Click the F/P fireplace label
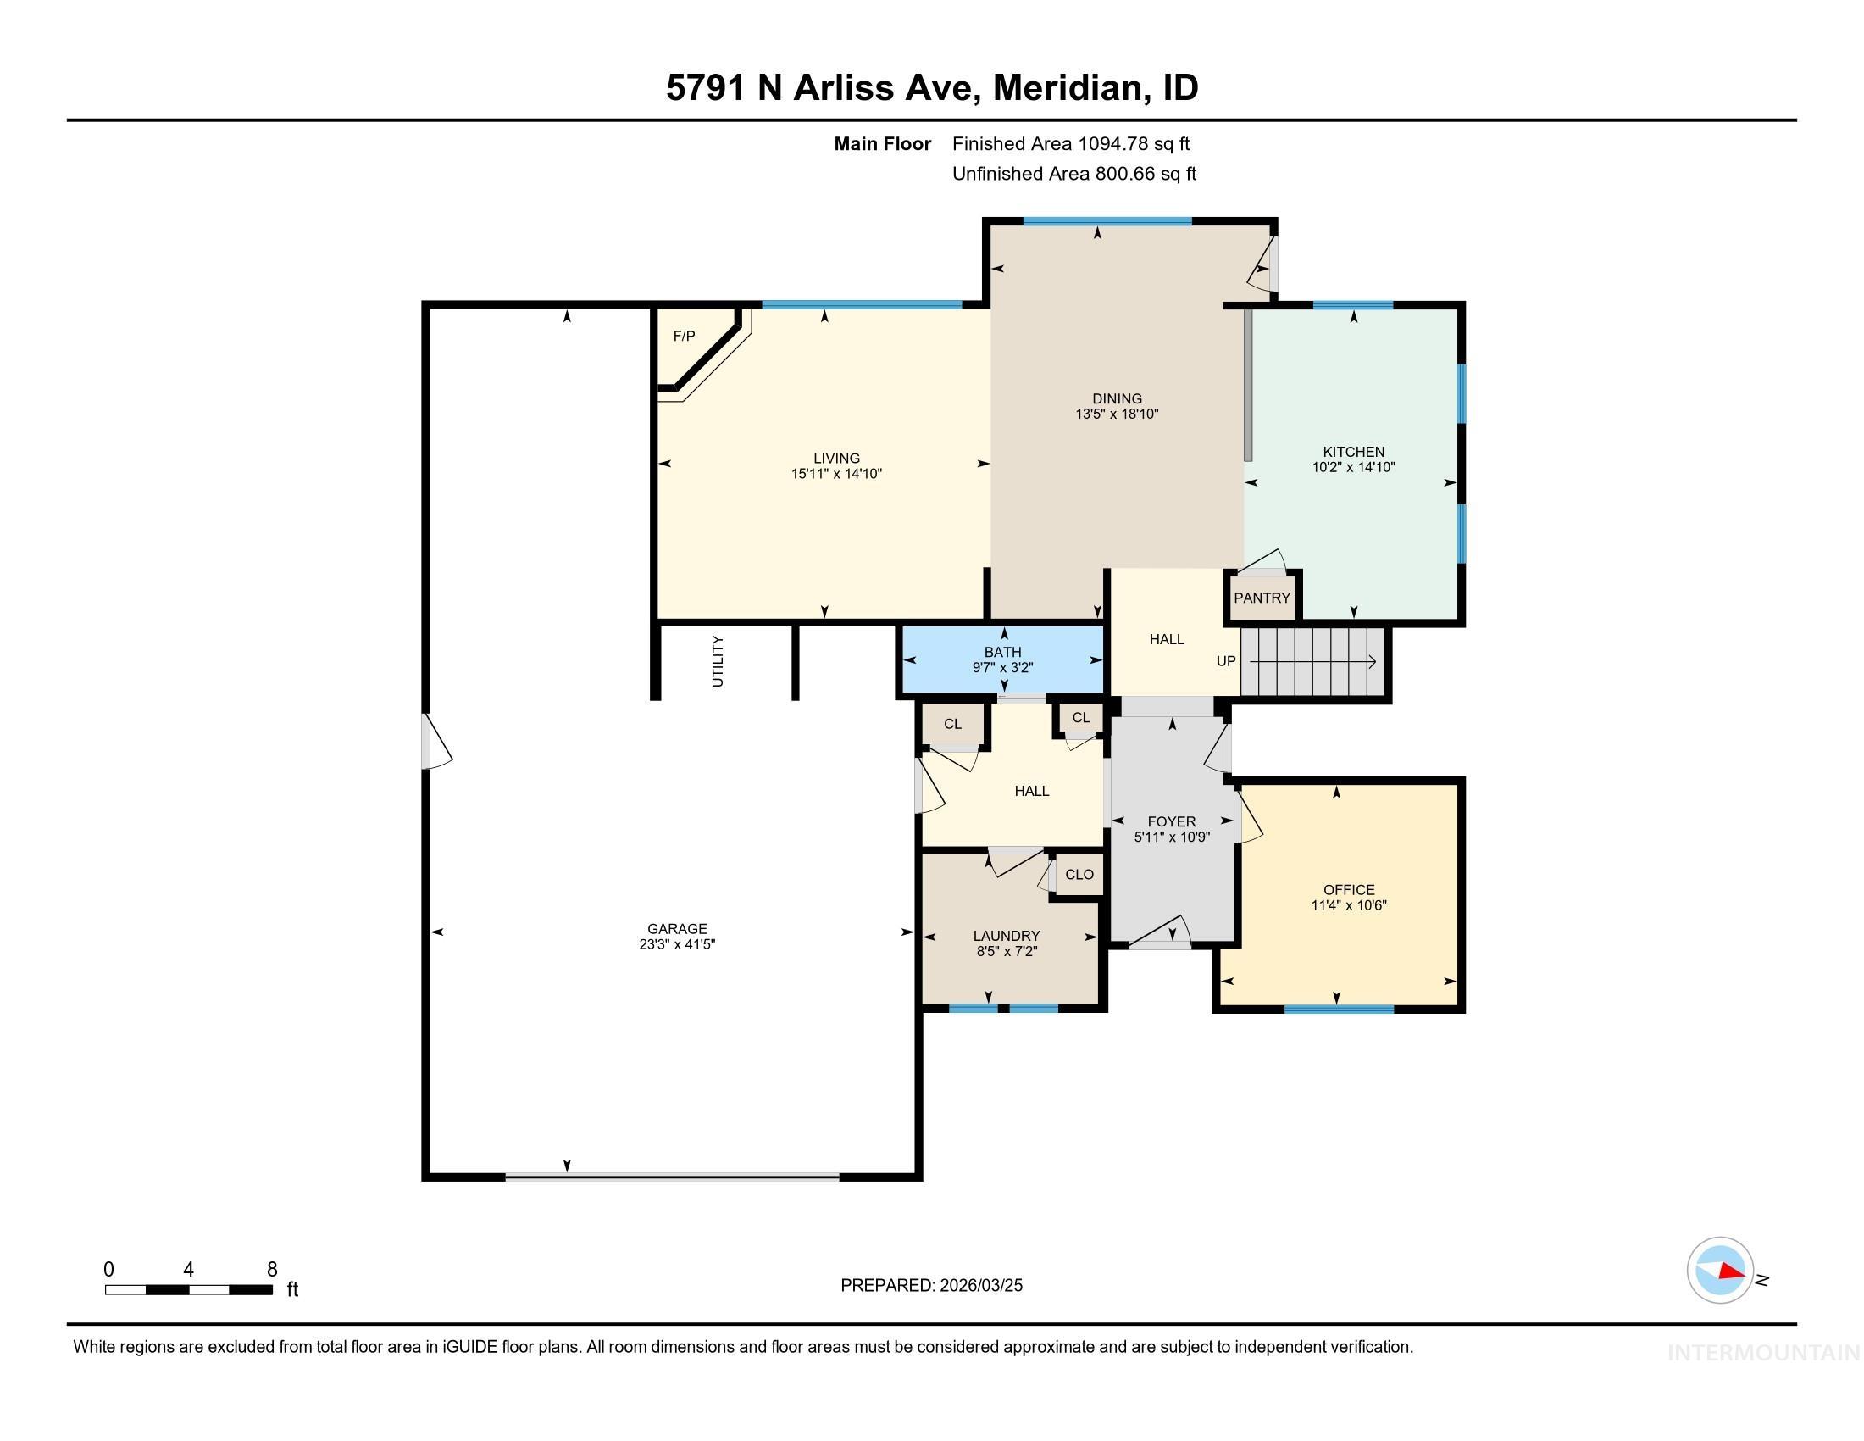[684, 337]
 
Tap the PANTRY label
[1262, 598]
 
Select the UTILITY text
[718, 662]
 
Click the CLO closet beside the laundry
[1079, 875]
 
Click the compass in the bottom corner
[1720, 1271]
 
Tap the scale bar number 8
[272, 1270]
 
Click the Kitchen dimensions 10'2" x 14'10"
[1353, 468]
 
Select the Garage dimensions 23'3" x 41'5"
[677, 945]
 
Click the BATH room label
[1003, 652]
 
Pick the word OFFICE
[1349, 889]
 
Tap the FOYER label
[1171, 822]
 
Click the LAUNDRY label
[1007, 936]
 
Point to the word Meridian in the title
[1067, 88]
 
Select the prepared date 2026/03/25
[979, 1286]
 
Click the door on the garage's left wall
[435, 741]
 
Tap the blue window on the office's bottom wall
[1338, 1009]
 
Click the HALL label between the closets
[1031, 792]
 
